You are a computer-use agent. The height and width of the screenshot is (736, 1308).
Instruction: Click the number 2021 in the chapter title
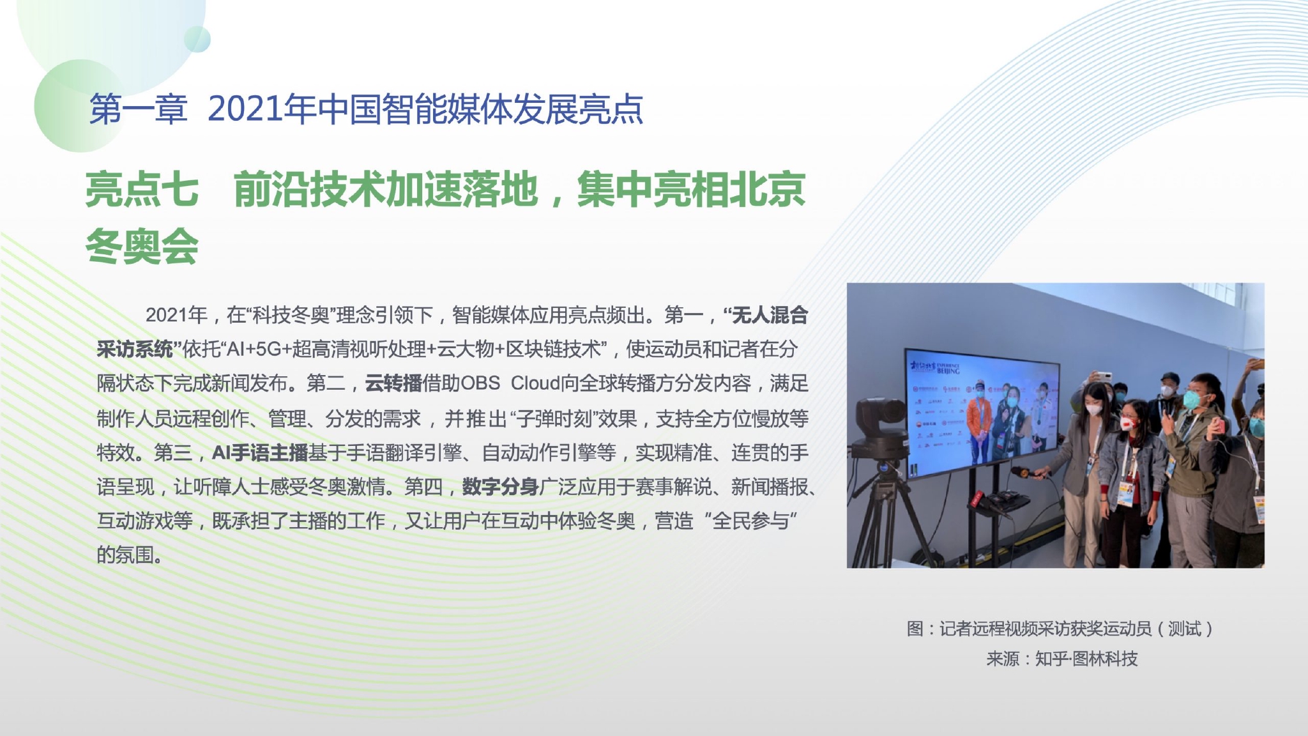click(x=245, y=109)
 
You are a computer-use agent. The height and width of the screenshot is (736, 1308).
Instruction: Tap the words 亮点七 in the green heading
click(x=142, y=190)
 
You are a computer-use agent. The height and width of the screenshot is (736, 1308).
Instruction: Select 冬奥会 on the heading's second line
click(x=142, y=247)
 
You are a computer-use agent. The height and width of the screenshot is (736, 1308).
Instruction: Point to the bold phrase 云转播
click(x=393, y=383)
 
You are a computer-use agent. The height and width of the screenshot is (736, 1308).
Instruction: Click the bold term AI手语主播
click(x=260, y=453)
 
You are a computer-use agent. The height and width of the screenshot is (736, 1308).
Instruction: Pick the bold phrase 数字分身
click(x=500, y=487)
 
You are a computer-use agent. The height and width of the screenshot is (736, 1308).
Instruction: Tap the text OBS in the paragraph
click(x=480, y=383)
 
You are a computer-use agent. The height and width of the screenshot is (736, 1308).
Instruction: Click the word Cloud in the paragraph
click(x=535, y=383)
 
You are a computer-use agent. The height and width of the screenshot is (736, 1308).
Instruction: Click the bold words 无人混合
click(x=770, y=315)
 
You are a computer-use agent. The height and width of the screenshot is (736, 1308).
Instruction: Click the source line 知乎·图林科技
click(x=1086, y=659)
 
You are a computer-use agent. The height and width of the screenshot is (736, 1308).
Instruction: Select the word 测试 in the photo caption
click(x=1185, y=629)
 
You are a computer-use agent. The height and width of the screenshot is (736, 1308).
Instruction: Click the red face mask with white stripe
click(x=1129, y=423)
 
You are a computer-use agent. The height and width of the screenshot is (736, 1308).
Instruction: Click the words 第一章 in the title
click(x=139, y=109)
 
